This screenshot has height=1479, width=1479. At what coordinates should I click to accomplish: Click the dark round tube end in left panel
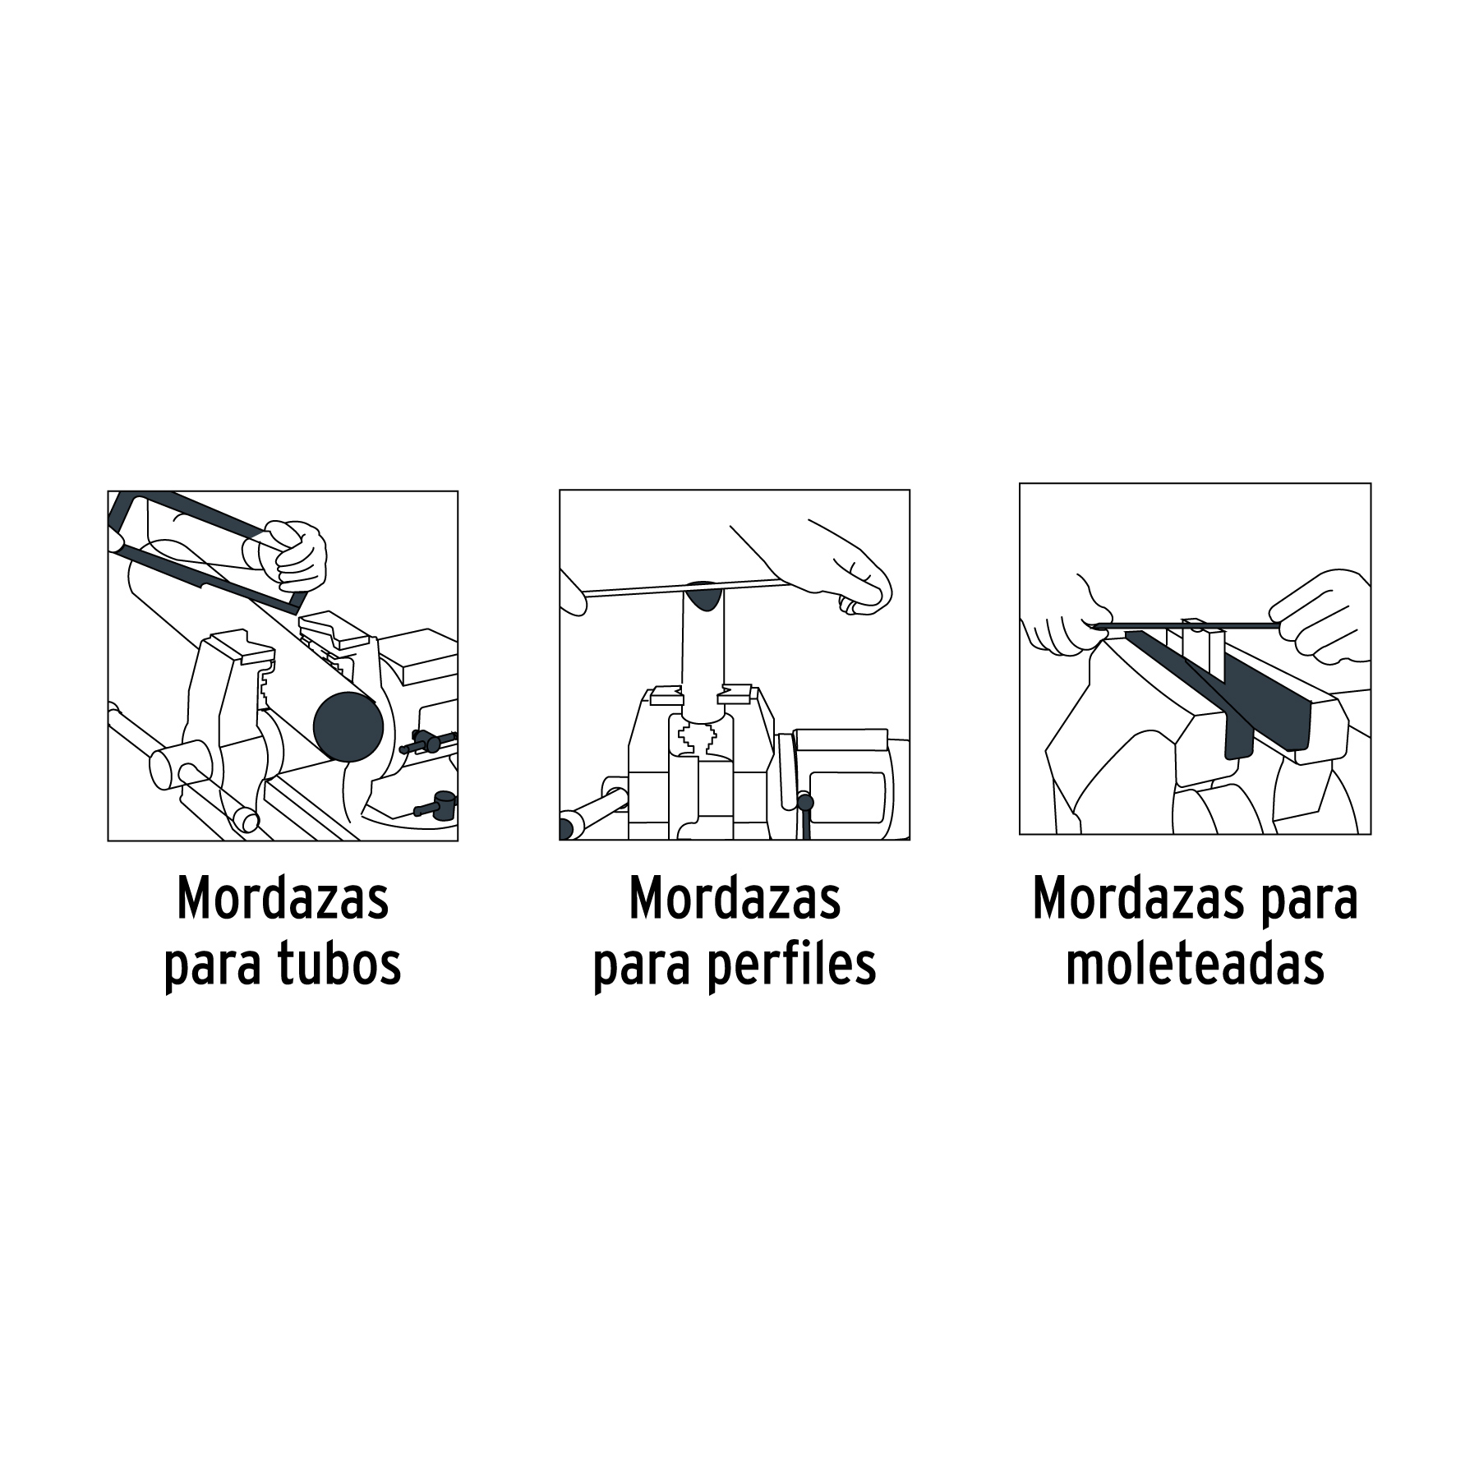(x=348, y=726)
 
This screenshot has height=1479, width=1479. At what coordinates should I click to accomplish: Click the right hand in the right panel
(x=1320, y=615)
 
